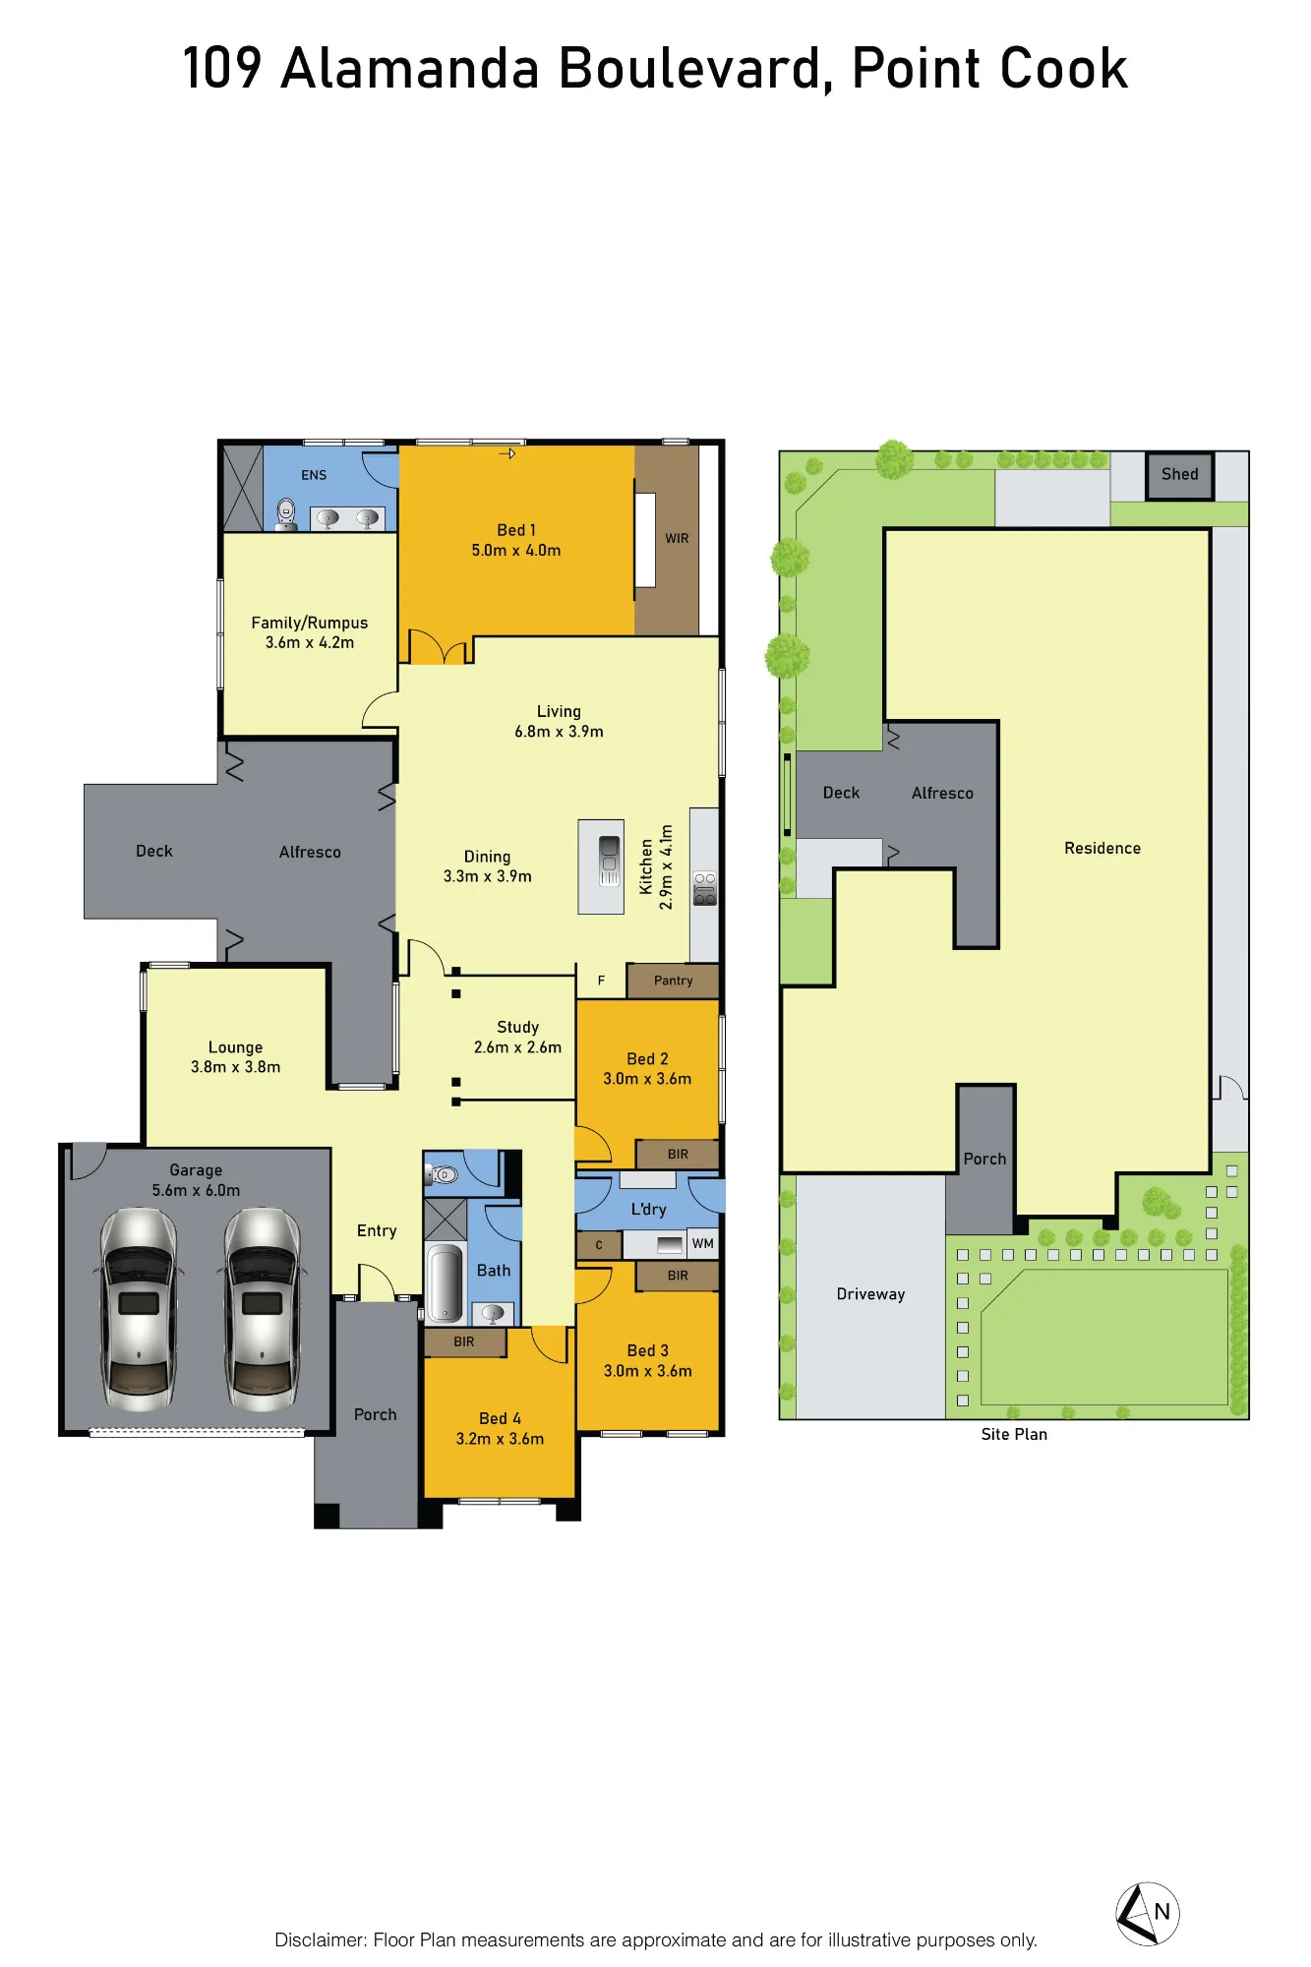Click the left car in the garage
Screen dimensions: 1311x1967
tap(139, 1309)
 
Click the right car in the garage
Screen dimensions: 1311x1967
tap(263, 1309)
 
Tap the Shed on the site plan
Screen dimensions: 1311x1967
tap(1179, 475)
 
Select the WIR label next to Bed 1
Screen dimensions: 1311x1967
tap(677, 538)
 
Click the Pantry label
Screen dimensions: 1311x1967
tap(674, 981)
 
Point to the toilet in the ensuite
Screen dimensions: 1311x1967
tap(285, 513)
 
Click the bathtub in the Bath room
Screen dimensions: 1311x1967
tap(446, 1282)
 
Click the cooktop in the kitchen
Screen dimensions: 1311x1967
tap(705, 888)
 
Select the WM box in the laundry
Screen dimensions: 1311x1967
tap(703, 1243)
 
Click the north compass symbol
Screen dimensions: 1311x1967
tap(1148, 1913)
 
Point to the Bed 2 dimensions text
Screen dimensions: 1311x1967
tap(647, 1079)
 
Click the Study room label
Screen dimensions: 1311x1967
tap(517, 1027)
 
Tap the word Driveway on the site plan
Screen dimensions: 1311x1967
tap(870, 1294)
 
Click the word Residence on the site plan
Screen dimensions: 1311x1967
tap(1102, 848)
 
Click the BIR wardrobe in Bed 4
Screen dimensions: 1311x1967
tap(464, 1341)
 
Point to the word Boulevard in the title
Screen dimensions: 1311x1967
tap(689, 69)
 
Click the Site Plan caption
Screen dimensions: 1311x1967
tap(1014, 1434)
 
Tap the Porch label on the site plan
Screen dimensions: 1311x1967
tap(984, 1159)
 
